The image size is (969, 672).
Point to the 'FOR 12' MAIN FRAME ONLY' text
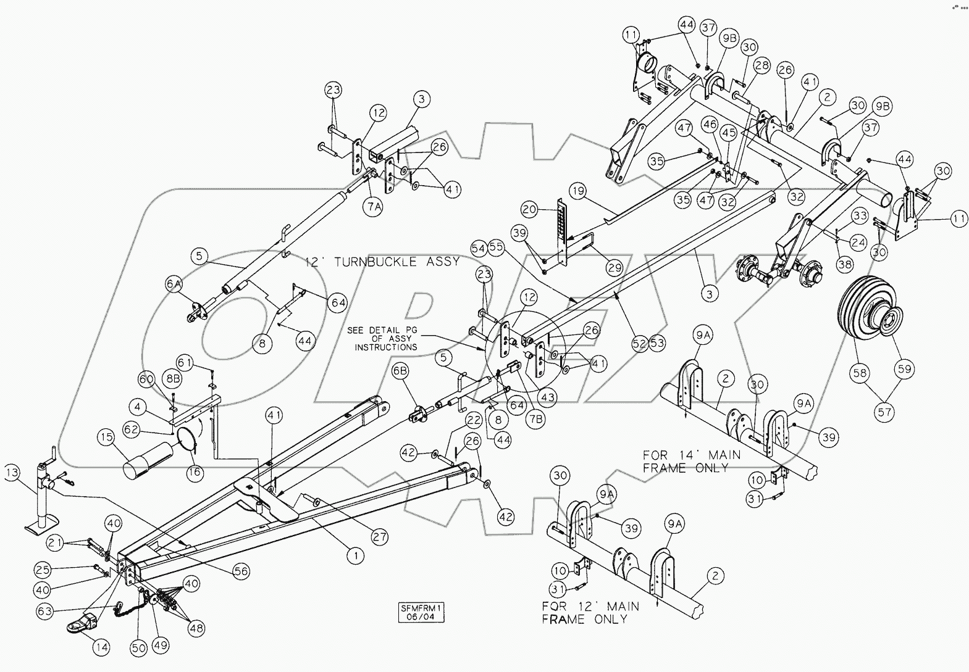[x=590, y=612]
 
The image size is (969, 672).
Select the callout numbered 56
[x=241, y=572]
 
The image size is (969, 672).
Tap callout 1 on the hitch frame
[x=355, y=556]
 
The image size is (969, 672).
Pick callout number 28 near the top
[x=761, y=66]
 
